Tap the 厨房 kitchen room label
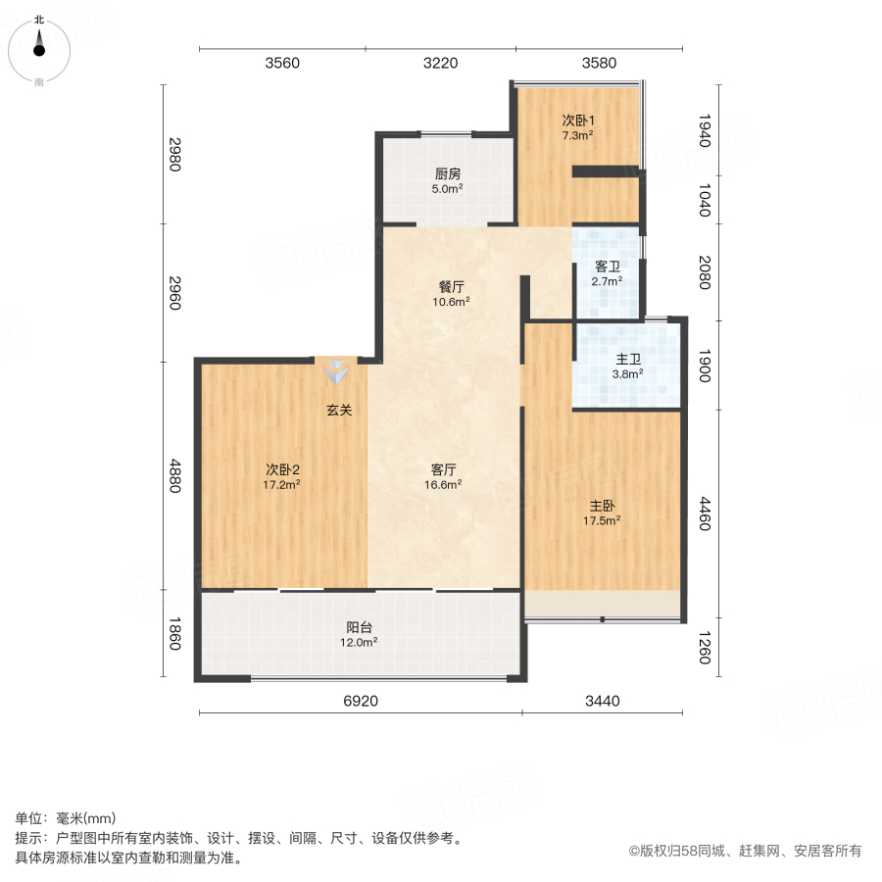pos(449,173)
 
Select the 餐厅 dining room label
pos(451,287)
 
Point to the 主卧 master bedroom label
pos(602,506)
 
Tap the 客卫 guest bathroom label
pos(608,266)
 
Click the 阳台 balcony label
pos(360,627)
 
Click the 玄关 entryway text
pos(339,411)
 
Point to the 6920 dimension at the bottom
pos(362,701)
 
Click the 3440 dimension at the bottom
pos(603,701)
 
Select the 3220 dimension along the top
pos(440,64)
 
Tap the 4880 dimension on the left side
pos(174,476)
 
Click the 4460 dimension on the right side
pos(703,514)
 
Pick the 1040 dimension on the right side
pos(703,200)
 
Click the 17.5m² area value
pos(602,520)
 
